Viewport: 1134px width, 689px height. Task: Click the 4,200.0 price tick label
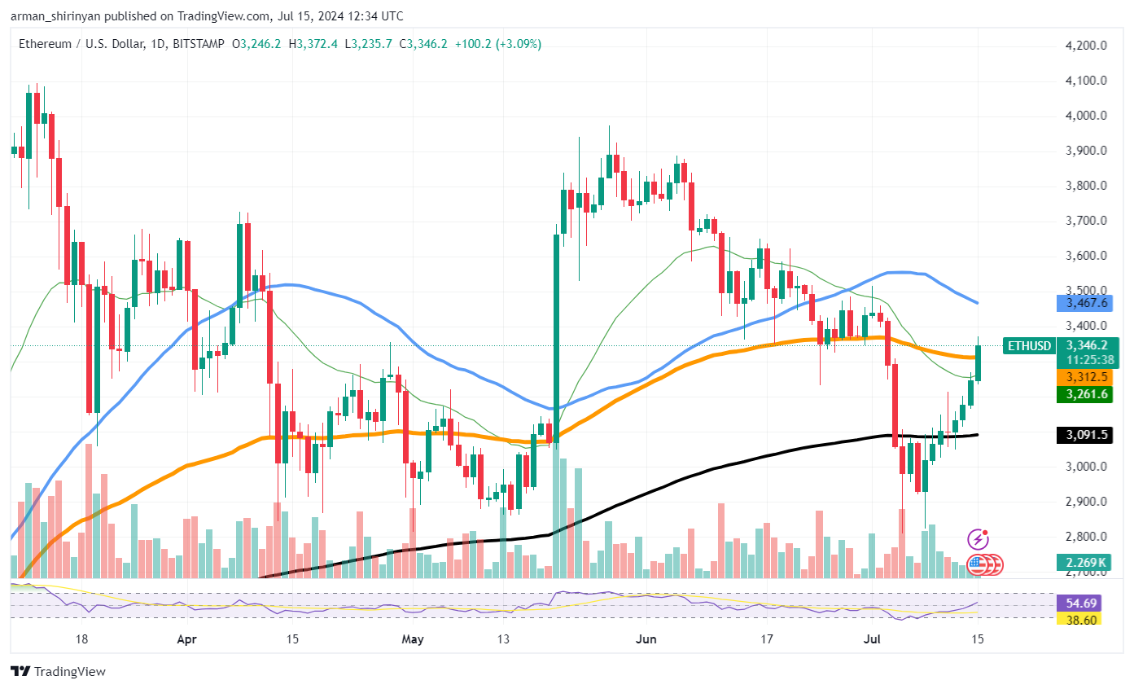coord(1086,46)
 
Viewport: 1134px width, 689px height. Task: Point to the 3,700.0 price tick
coord(1086,221)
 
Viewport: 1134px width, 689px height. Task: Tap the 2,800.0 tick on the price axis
coord(1086,537)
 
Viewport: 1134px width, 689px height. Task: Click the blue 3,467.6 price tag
coord(1086,303)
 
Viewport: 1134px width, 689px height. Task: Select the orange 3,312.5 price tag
coord(1086,377)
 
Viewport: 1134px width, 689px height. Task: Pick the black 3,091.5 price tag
coord(1086,435)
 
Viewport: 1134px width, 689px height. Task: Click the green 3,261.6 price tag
coord(1086,394)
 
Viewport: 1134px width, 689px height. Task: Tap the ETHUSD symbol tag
coord(1029,345)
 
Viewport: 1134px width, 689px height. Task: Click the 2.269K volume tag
coord(1086,562)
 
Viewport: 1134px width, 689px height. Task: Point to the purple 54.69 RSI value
coord(1086,603)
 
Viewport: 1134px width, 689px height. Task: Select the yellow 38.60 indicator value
coord(1086,620)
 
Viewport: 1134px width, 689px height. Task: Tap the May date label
coord(413,639)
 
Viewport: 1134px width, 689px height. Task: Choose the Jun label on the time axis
coord(646,639)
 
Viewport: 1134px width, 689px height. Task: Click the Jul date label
coord(872,639)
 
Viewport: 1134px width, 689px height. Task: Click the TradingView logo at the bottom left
coord(58,672)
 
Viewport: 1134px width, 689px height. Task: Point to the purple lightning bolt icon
coord(978,539)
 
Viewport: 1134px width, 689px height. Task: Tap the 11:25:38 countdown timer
coord(1086,359)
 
